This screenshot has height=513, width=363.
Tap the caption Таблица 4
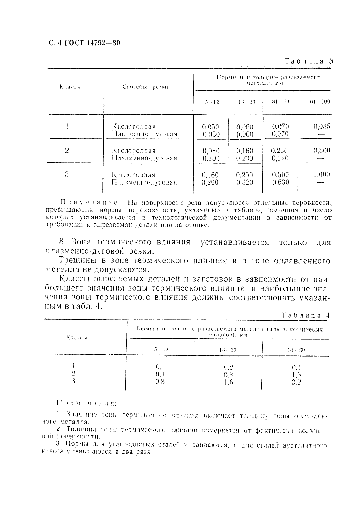click(x=305, y=316)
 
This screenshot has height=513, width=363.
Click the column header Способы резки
click(x=145, y=87)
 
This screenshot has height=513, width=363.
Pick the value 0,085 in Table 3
click(x=322, y=126)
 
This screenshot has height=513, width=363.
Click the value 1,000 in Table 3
click(x=322, y=174)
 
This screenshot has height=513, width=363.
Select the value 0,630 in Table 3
click(x=280, y=182)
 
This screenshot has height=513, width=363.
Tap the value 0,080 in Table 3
click(x=211, y=151)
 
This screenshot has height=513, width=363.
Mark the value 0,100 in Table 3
click(x=211, y=158)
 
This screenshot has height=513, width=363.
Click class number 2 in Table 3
click(x=67, y=150)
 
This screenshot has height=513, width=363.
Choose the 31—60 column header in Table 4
click(x=296, y=350)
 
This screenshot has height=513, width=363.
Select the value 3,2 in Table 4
click(x=296, y=382)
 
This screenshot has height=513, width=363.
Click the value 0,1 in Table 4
click(x=160, y=367)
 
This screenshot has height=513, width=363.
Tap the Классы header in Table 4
click(x=77, y=338)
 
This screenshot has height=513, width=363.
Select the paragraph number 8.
click(x=62, y=242)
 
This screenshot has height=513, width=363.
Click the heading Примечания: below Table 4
click(x=87, y=403)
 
